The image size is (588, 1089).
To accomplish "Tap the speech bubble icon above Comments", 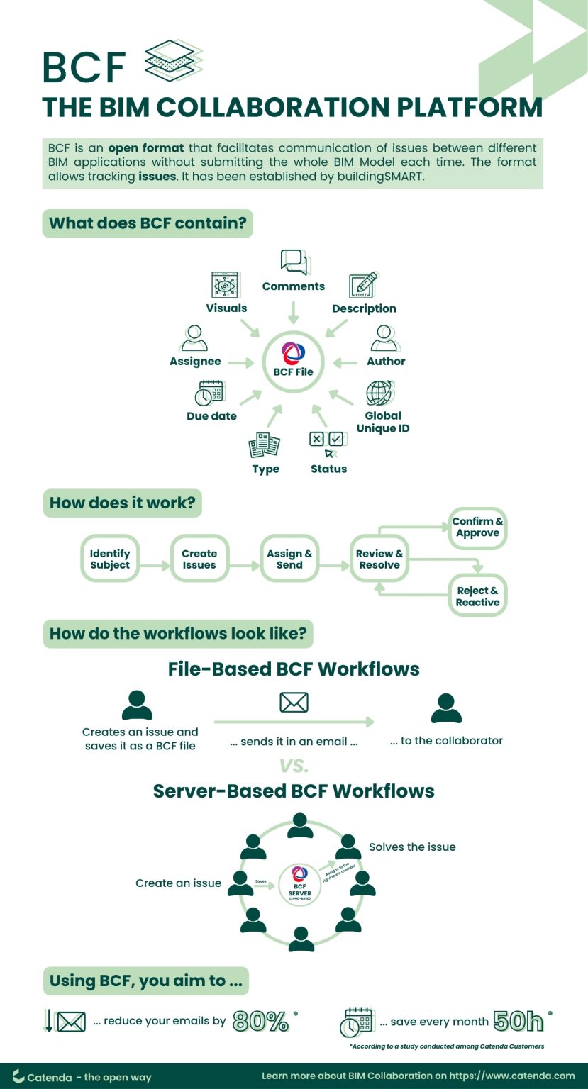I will [x=294, y=262].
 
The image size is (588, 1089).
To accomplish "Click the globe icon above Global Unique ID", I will [x=379, y=393].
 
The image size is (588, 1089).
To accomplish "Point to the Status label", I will [x=328, y=469].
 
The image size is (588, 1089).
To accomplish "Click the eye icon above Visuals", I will [x=225, y=285].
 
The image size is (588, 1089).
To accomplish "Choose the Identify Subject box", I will [x=110, y=559].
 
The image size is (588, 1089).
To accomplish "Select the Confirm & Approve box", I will [x=477, y=527].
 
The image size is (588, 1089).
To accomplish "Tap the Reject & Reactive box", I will [x=477, y=596].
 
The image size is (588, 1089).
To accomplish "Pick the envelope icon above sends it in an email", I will [x=294, y=702].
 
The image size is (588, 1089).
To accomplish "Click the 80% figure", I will [x=261, y=1022].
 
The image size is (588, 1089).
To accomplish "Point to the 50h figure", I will [x=518, y=1021].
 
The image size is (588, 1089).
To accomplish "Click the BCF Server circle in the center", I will [x=299, y=883].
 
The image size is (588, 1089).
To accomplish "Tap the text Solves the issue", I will [x=412, y=847].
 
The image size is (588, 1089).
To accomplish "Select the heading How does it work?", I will [x=122, y=503].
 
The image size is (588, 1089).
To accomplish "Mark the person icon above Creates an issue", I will [x=137, y=705].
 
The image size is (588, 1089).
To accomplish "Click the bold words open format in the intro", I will [x=145, y=148].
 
